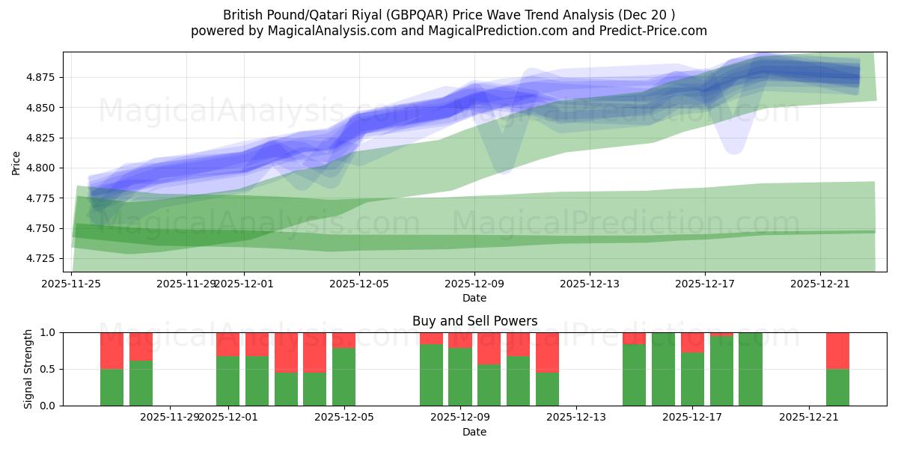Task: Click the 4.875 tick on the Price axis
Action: (43, 78)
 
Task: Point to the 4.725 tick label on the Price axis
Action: (43, 258)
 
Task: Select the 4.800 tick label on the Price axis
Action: (43, 168)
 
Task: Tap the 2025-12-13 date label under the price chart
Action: (590, 284)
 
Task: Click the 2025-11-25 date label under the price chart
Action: (72, 284)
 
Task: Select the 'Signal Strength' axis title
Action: (28, 368)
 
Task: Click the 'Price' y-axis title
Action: (16, 162)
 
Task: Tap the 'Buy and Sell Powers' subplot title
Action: (474, 321)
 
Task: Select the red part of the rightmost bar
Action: (837, 350)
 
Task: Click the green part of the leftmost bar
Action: (112, 387)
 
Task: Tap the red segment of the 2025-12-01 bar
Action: (227, 343)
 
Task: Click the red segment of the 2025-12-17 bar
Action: (692, 342)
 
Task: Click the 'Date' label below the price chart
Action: (474, 298)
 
